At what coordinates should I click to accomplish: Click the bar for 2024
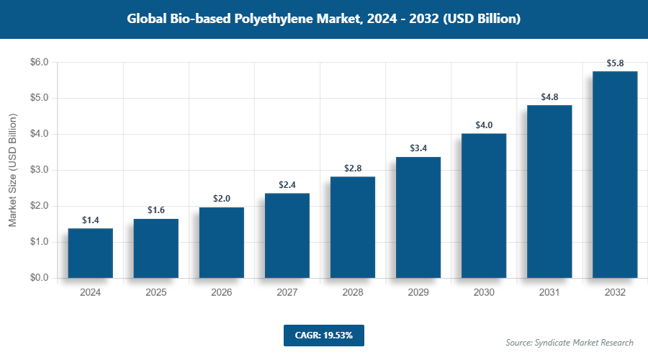pyautogui.click(x=91, y=253)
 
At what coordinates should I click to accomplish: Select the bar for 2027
pyautogui.click(x=287, y=235)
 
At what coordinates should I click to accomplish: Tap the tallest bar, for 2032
pyautogui.click(x=615, y=174)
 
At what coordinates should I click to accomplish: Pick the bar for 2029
pyautogui.click(x=418, y=217)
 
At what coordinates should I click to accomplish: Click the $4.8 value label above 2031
pyautogui.click(x=549, y=96)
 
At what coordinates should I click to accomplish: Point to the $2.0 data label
pyautogui.click(x=222, y=198)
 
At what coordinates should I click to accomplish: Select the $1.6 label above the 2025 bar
pyautogui.click(x=156, y=210)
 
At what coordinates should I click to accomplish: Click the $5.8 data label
pyautogui.click(x=615, y=63)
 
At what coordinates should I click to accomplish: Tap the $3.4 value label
pyautogui.click(x=418, y=148)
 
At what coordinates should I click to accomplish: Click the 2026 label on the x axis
pyautogui.click(x=222, y=293)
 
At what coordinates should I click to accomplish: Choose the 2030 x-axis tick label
pyautogui.click(x=484, y=293)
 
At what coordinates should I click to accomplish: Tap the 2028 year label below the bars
pyautogui.click(x=353, y=293)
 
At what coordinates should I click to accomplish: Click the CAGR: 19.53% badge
pyautogui.click(x=324, y=336)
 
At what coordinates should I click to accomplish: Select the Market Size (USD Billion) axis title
pyautogui.click(x=12, y=171)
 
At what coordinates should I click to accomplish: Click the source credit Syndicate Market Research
pyautogui.click(x=570, y=343)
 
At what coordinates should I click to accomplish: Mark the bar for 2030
pyautogui.click(x=484, y=205)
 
